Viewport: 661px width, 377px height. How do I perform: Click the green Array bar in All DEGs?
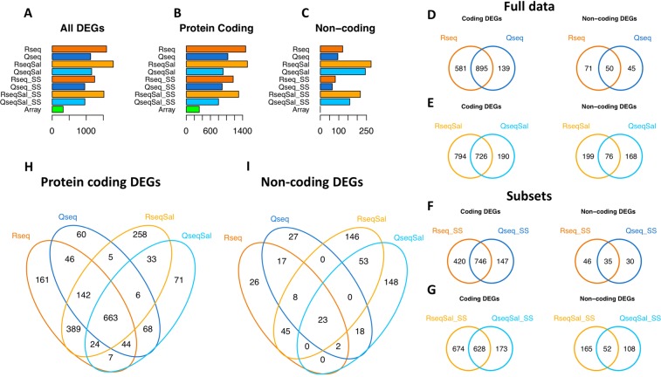[58, 109]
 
